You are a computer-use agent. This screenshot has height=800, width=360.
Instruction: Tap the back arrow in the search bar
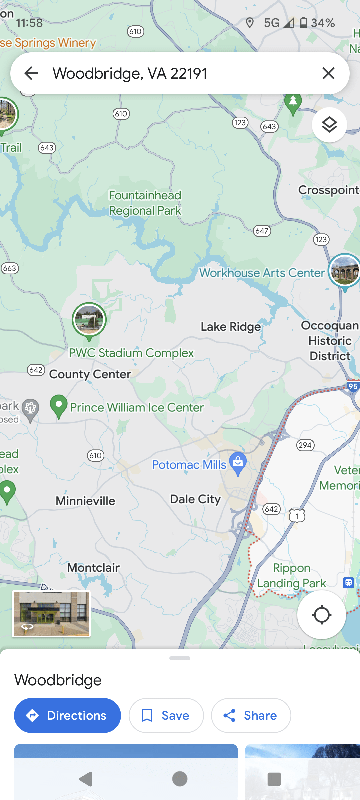(x=32, y=73)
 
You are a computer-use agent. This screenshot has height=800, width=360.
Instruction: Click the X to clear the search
(x=328, y=73)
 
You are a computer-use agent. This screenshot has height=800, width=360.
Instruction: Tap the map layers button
(x=329, y=125)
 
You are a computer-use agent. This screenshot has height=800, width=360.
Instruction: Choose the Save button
(x=166, y=715)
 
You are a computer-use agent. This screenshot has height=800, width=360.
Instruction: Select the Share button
(x=251, y=715)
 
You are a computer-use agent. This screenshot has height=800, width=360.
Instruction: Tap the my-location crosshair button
(x=321, y=615)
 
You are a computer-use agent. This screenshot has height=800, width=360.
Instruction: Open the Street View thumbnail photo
(x=51, y=614)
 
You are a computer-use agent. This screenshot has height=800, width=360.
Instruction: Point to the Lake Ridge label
(x=231, y=327)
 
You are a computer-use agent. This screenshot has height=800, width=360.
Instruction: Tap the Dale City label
(x=195, y=499)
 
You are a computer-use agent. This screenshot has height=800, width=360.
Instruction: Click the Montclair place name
(x=93, y=568)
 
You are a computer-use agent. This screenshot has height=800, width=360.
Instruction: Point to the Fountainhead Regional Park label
(x=145, y=203)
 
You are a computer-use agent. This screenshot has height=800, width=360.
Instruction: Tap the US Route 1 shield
(x=297, y=516)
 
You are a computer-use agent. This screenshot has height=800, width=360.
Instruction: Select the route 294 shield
(x=305, y=445)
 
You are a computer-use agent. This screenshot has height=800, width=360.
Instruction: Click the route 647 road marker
(x=262, y=231)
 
